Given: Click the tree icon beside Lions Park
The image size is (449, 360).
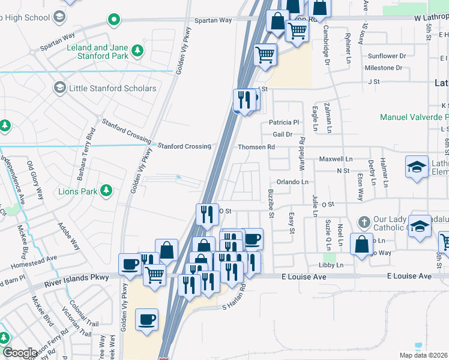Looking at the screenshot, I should pos(106,191).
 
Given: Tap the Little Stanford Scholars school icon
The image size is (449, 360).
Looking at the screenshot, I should pos(59,89).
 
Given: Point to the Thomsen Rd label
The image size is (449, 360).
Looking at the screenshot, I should pos(256,147).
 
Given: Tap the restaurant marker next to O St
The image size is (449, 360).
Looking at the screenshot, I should pos(206,214).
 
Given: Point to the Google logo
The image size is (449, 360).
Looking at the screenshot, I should pos(19,353).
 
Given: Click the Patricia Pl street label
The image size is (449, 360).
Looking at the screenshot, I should pos(284,122).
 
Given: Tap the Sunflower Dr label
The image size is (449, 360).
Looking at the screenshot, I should pos(387,56).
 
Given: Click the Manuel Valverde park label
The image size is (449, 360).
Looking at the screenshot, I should pos(414,117).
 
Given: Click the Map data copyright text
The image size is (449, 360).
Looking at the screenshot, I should pos(423,355).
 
